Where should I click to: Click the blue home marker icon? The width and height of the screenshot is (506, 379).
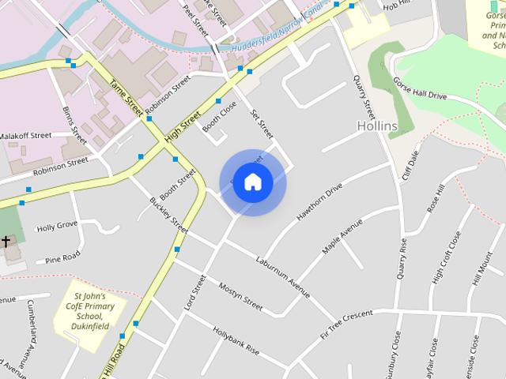(252, 182)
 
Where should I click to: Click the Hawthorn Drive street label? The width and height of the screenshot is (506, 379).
(319, 202)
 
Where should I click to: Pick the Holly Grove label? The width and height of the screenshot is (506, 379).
(57, 225)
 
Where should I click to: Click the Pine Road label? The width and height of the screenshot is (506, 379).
(63, 257)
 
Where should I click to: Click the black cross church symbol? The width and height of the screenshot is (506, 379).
(6, 240)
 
